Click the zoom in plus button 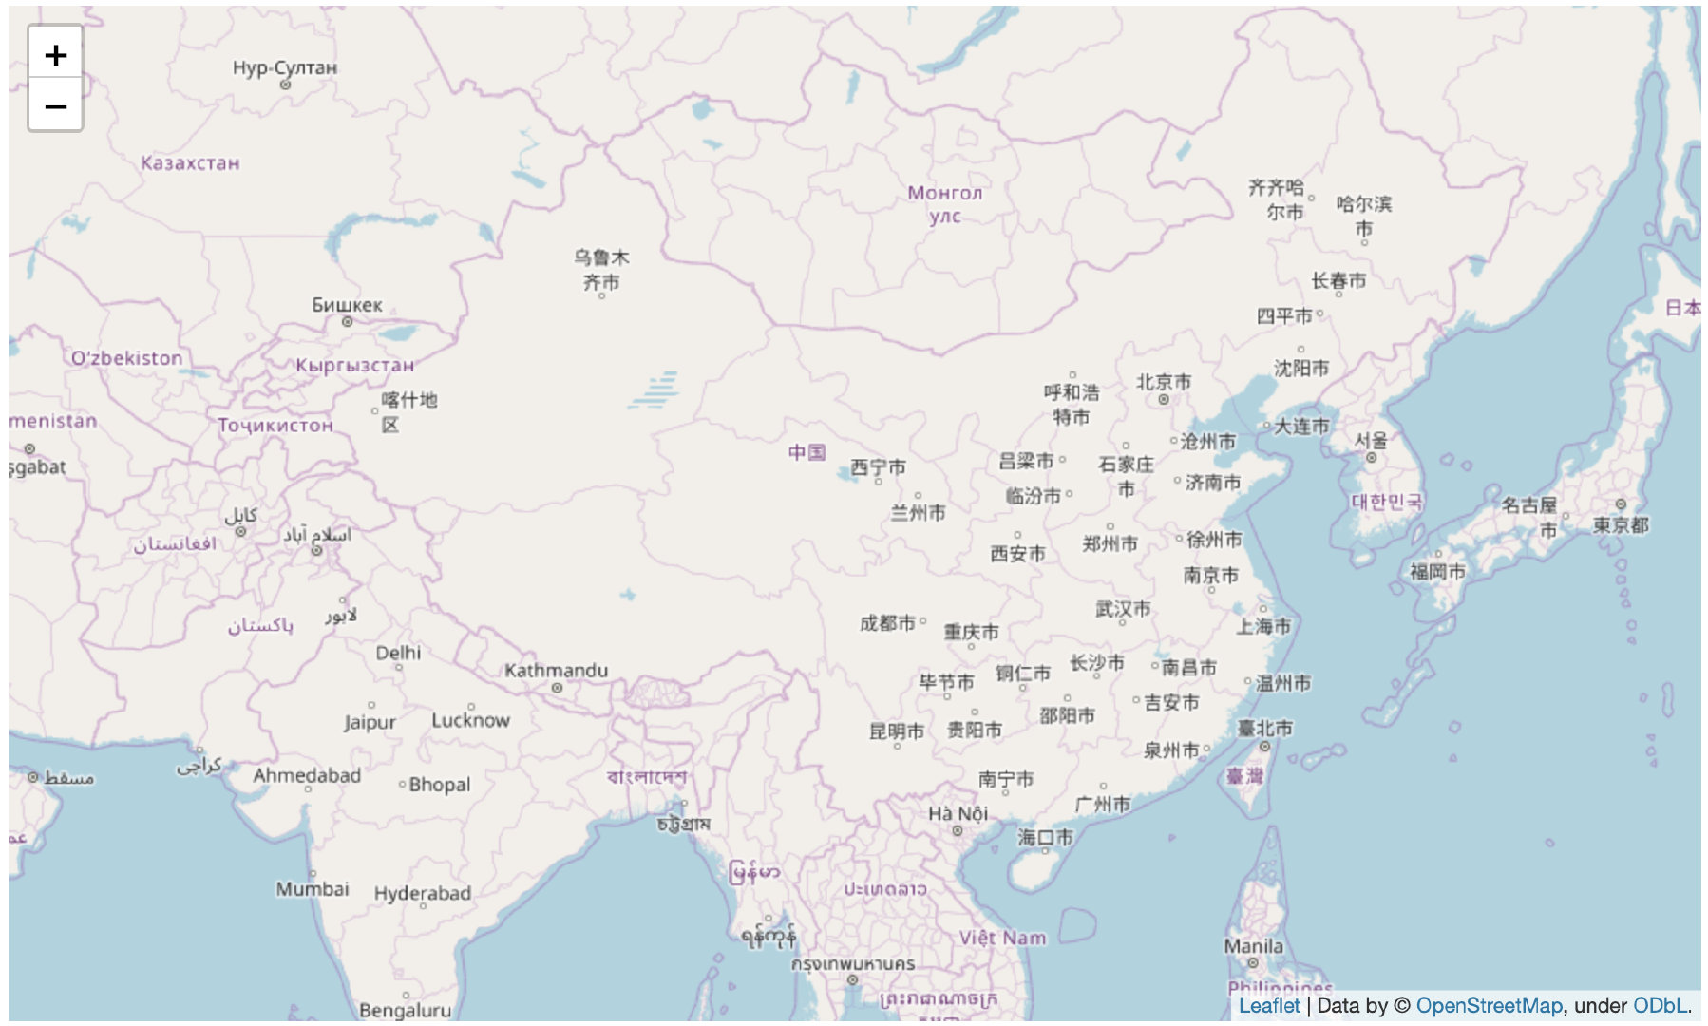tap(55, 55)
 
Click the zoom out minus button tap(55, 106)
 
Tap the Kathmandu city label tap(556, 671)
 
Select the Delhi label tap(398, 653)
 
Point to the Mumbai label tap(313, 889)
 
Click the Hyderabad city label tap(422, 894)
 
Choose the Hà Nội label tap(958, 814)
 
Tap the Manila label tap(1253, 947)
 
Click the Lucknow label tap(470, 721)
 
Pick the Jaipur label tap(370, 723)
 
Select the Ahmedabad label tap(307, 776)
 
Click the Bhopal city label tap(439, 785)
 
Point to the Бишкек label tap(347, 306)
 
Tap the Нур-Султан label tap(284, 68)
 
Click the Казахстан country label tap(190, 163)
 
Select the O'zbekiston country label tap(126, 358)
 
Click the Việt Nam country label tap(1002, 939)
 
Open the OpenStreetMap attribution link tap(1489, 1006)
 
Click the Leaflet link tap(1269, 1006)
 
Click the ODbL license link tap(1660, 1006)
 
